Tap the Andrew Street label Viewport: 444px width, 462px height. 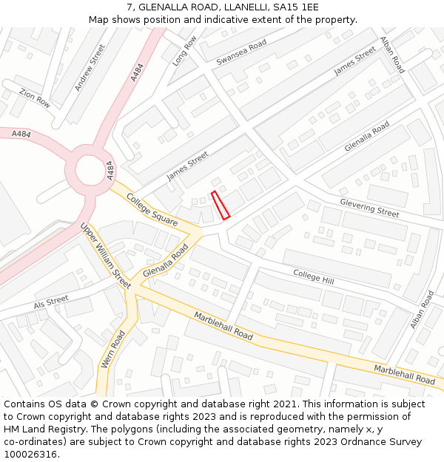(90, 68)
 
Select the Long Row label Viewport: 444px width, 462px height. (184, 52)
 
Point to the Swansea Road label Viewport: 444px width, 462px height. (241, 52)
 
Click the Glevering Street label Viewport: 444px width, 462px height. (369, 208)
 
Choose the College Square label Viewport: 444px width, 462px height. (152, 209)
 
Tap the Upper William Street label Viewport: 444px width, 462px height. (105, 255)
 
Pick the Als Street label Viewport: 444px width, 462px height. (51, 302)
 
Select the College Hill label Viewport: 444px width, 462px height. (313, 276)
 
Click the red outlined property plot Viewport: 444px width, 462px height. (221, 205)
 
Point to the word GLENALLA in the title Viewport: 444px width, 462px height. (164, 7)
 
